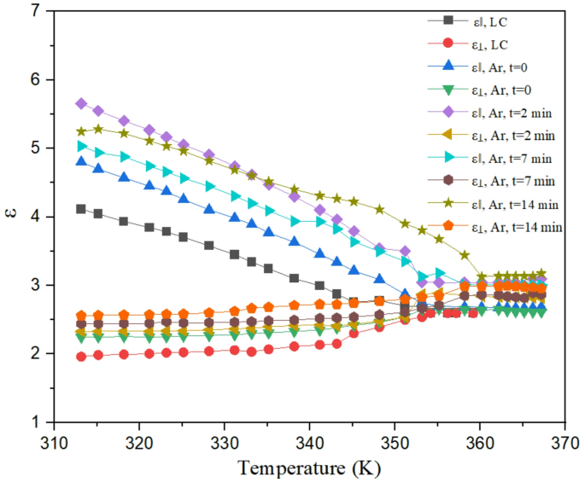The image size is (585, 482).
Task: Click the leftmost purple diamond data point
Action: [x=81, y=103]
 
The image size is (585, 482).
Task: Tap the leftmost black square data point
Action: [x=81, y=209]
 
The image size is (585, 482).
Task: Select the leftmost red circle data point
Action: [x=81, y=357]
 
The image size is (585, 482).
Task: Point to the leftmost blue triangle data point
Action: [x=81, y=161]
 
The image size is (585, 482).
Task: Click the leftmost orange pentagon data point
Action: [x=81, y=315]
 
